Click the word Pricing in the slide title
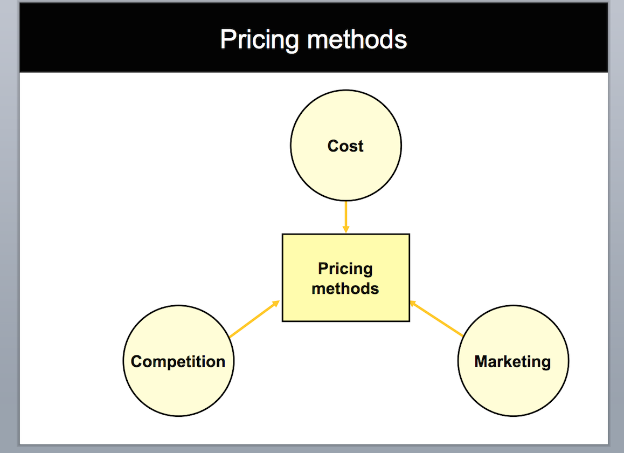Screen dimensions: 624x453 [259, 40]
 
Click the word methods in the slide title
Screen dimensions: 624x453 [357, 39]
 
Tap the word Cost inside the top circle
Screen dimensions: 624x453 [345, 146]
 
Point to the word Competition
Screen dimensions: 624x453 [178, 362]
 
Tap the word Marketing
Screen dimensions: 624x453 [512, 362]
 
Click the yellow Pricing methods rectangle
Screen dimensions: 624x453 [346, 278]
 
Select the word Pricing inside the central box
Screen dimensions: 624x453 [345, 269]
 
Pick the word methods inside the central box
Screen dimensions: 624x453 [345, 289]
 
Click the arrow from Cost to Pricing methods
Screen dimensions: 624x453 [346, 217]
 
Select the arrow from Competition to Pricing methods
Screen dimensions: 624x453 [255, 319]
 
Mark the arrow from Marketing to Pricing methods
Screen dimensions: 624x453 [436, 319]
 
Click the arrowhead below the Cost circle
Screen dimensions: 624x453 [346, 230]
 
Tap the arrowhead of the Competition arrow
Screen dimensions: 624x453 [276, 304]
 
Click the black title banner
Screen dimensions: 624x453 [314, 37]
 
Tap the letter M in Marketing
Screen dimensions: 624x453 [481, 361]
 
